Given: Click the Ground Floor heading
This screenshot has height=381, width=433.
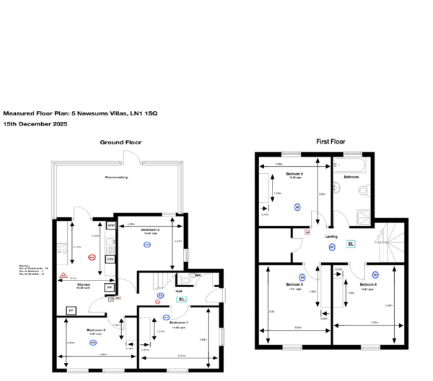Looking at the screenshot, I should coord(121,142).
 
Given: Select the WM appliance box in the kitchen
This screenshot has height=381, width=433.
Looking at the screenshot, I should coord(110,226).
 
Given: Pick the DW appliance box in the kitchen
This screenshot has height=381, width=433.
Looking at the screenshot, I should coord(110,259).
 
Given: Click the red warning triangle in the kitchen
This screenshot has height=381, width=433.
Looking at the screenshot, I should coord(64,276).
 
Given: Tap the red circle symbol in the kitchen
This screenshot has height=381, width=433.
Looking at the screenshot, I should coord(91,256).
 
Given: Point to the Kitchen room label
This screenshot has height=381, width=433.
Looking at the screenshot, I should coord(84,284).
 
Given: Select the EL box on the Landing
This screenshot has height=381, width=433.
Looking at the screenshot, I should coord(351,244).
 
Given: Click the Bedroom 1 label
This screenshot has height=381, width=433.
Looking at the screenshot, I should coord(178,322).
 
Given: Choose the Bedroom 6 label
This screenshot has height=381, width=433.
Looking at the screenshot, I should coord(294,175).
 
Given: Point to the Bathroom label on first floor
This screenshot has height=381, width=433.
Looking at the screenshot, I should coord(351,177).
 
